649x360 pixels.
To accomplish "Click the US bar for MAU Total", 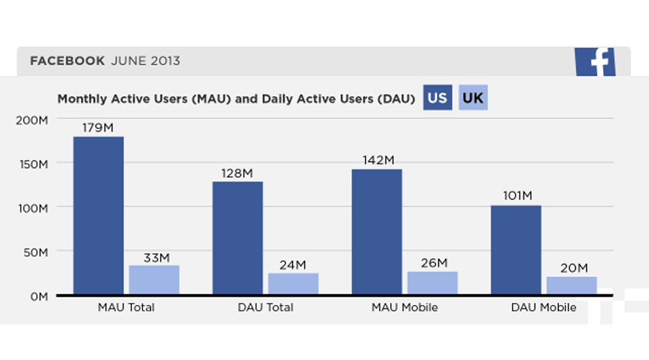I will [x=98, y=216].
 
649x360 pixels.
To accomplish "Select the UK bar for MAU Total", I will [x=154, y=280].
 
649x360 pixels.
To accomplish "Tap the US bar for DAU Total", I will [x=238, y=238].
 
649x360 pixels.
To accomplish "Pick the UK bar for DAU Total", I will [x=293, y=283].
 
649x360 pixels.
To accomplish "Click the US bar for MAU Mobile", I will [x=377, y=232].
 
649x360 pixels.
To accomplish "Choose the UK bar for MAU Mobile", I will [x=433, y=283].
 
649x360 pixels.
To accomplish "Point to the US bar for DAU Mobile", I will [x=516, y=250].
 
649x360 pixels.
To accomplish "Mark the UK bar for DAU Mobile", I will [x=572, y=285].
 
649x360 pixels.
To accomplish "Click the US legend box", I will [x=437, y=98].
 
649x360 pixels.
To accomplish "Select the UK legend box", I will [x=473, y=98].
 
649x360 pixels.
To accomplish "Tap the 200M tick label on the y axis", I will [x=31, y=120].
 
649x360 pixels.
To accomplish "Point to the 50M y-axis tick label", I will [x=34, y=251].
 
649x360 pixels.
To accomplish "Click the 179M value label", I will [x=98, y=128].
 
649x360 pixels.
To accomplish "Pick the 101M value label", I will [x=516, y=196].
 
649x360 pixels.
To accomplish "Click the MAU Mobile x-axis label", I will [x=405, y=308].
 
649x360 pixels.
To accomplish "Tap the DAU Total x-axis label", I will [x=266, y=308].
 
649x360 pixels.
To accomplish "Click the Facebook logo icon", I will [x=595, y=62].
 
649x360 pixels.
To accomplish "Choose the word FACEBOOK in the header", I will [x=67, y=61].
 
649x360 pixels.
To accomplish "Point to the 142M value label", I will [x=378, y=160].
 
